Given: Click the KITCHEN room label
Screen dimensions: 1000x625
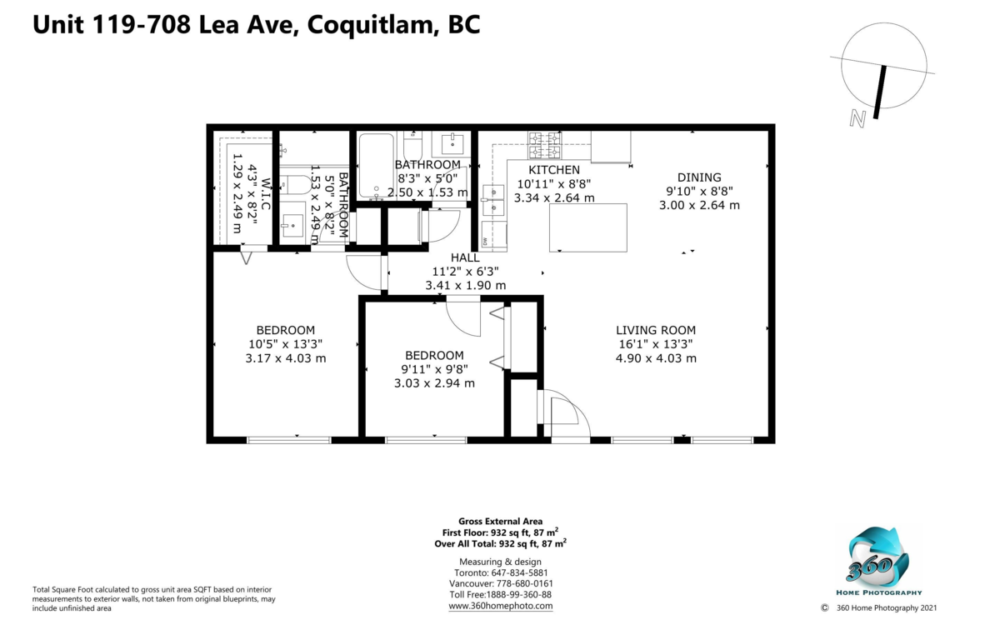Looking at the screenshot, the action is point(554,170).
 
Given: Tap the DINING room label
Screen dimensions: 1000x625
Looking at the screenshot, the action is point(699,177).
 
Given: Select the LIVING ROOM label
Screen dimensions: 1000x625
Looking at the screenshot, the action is point(656,330).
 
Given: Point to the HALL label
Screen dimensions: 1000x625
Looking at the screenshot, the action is point(465,257).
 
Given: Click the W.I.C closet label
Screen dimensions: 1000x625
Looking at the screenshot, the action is point(266,193).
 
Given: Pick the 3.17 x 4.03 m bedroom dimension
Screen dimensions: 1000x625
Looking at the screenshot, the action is point(286,358).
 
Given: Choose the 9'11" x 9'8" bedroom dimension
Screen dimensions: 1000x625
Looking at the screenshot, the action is point(434,369).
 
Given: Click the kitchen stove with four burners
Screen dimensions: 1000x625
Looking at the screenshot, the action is point(545,146).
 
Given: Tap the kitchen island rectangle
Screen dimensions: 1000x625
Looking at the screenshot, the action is point(588,227).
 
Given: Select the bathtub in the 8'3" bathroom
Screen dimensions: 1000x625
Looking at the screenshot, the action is point(376,166).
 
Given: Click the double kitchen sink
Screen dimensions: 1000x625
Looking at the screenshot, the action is point(493,200).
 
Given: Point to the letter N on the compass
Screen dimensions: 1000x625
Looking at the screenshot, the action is point(857,118).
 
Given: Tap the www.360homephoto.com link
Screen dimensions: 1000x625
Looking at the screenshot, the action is point(501,606).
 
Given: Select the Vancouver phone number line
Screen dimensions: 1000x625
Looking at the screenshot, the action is point(501,583).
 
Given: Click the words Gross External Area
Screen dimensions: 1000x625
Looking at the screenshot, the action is point(501,521).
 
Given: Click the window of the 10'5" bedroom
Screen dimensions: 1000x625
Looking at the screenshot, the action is point(289,440).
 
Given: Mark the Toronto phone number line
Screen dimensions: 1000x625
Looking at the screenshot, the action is point(501,572).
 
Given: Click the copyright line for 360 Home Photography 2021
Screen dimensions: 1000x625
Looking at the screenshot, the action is point(878,608).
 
